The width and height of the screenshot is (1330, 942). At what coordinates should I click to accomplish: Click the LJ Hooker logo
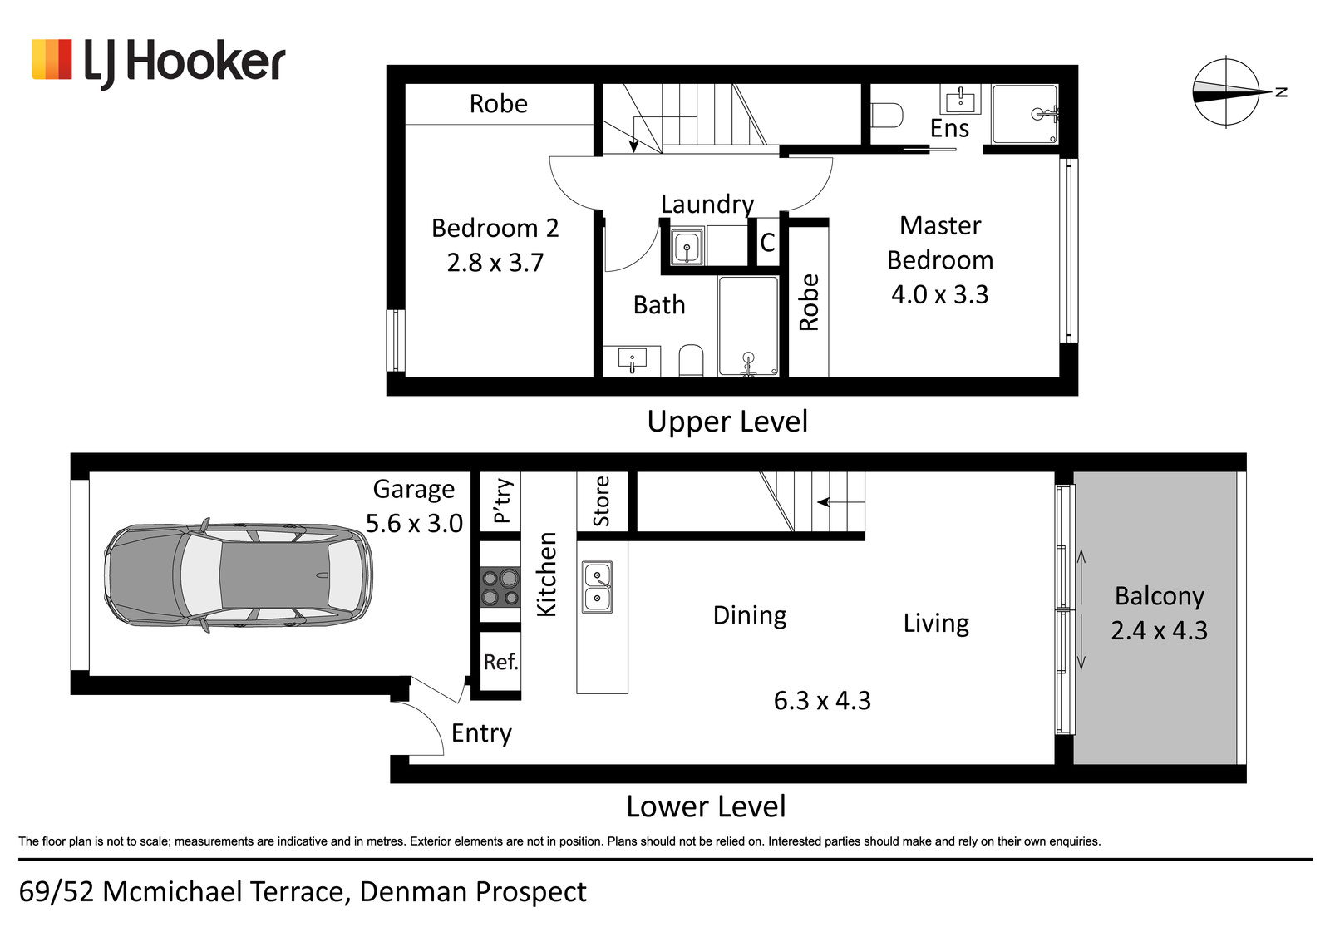[x=159, y=62]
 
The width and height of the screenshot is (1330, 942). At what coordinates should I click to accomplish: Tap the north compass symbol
[x=1234, y=92]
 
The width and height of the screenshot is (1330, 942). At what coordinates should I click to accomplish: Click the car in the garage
[x=239, y=575]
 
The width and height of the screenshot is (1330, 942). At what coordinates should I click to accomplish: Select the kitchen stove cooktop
[x=500, y=587]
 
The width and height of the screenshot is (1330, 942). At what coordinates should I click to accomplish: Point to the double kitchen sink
[x=598, y=587]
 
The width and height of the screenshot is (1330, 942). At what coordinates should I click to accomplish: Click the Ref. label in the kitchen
[x=500, y=662]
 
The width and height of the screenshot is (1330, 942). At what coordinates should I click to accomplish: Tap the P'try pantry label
[x=502, y=501]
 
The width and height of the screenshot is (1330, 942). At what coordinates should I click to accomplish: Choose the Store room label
[x=602, y=501]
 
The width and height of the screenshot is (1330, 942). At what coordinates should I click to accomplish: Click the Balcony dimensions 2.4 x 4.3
[x=1159, y=630]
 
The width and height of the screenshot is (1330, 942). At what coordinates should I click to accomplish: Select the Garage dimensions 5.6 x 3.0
[x=414, y=523]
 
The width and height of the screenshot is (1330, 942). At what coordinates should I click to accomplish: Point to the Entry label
[x=481, y=733]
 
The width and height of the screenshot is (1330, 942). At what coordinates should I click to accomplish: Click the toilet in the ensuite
[x=887, y=116]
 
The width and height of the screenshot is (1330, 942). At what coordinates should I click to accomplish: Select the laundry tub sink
[x=687, y=246]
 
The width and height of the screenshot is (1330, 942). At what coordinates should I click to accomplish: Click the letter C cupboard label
[x=767, y=242]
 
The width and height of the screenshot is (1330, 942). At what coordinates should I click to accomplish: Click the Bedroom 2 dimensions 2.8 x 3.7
[x=495, y=263]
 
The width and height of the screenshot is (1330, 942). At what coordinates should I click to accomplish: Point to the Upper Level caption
[x=727, y=422]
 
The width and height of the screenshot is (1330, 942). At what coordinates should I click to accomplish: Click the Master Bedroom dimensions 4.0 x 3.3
[x=940, y=294]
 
